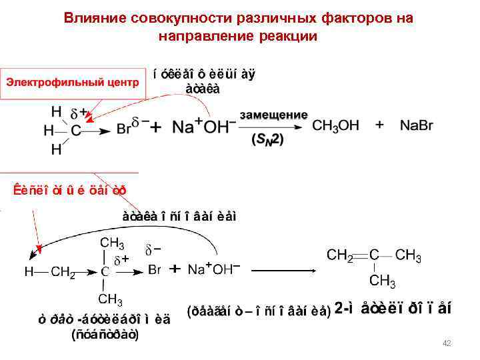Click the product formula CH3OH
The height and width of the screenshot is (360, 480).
[x=336, y=125]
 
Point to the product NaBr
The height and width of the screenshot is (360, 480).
[x=419, y=125]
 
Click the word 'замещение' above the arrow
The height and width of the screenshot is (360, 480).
[x=273, y=115]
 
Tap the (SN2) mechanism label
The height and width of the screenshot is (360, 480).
[x=267, y=140]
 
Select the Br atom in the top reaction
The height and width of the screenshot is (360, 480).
[x=125, y=129]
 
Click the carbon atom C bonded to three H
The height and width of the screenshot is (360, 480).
[x=77, y=130]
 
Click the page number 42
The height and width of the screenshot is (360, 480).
[x=447, y=343]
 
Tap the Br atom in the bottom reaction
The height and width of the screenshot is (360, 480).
[x=155, y=270]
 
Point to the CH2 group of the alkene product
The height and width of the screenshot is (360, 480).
[x=340, y=255]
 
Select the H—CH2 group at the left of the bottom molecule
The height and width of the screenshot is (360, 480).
[x=50, y=271]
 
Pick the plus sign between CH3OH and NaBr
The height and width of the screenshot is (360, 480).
[x=379, y=125]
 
